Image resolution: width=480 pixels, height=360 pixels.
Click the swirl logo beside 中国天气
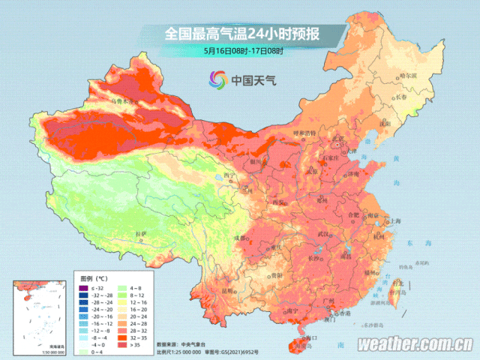[x=218, y=78]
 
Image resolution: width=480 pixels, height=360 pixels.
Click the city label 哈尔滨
[x=407, y=75]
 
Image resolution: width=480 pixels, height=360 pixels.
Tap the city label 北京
[x=340, y=139]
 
